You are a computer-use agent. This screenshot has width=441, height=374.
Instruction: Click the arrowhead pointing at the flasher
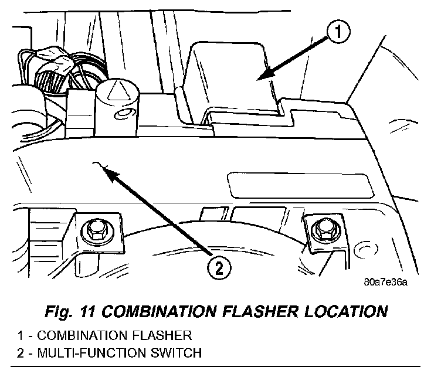262,76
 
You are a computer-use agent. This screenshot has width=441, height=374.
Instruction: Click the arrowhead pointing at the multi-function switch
106,171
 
